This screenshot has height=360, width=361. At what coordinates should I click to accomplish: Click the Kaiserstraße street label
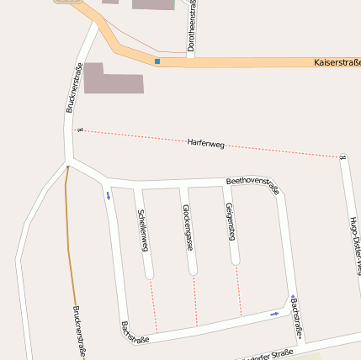click(x=336, y=62)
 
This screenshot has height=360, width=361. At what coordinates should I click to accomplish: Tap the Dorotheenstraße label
click(x=191, y=27)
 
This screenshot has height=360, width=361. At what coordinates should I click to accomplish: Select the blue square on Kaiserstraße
click(x=157, y=61)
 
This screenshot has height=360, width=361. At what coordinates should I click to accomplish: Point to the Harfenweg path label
click(x=206, y=144)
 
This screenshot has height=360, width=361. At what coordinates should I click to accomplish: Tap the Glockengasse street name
click(x=188, y=226)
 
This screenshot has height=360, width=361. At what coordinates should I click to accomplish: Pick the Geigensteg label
click(x=230, y=222)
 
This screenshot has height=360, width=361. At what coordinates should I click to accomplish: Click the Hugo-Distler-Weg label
click(x=354, y=244)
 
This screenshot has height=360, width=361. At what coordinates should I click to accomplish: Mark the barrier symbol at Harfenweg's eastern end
click(x=342, y=156)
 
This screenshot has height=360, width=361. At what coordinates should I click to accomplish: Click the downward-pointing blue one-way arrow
click(x=108, y=196)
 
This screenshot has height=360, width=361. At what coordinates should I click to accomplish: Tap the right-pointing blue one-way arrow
click(x=274, y=314)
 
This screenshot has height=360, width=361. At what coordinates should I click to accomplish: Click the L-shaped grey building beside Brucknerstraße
click(x=111, y=78)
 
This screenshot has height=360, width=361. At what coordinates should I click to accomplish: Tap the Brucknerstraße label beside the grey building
click(x=72, y=88)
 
